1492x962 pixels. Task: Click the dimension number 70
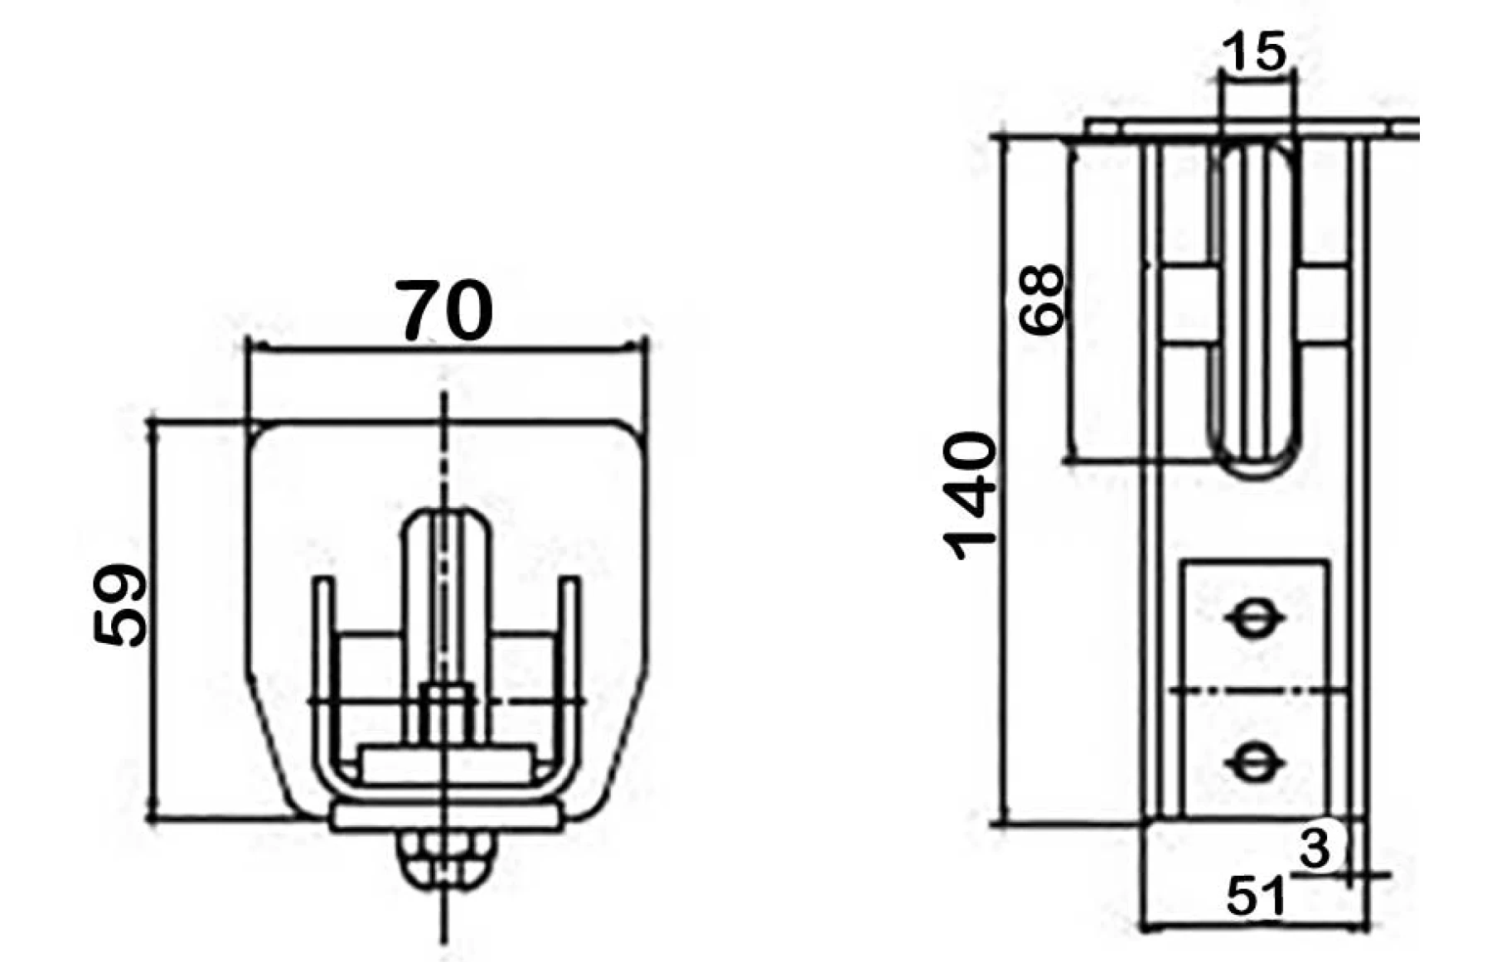pos(444,311)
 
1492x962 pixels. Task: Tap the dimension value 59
pos(120,606)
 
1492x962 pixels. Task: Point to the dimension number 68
pos(1041,299)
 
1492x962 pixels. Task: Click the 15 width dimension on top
pos(1255,51)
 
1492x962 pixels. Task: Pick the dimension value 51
pos(1256,896)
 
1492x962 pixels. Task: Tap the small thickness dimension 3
pos(1315,848)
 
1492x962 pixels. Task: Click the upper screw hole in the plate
pos(1252,618)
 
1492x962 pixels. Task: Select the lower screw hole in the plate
pos(1252,761)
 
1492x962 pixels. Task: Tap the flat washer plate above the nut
pos(444,819)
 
